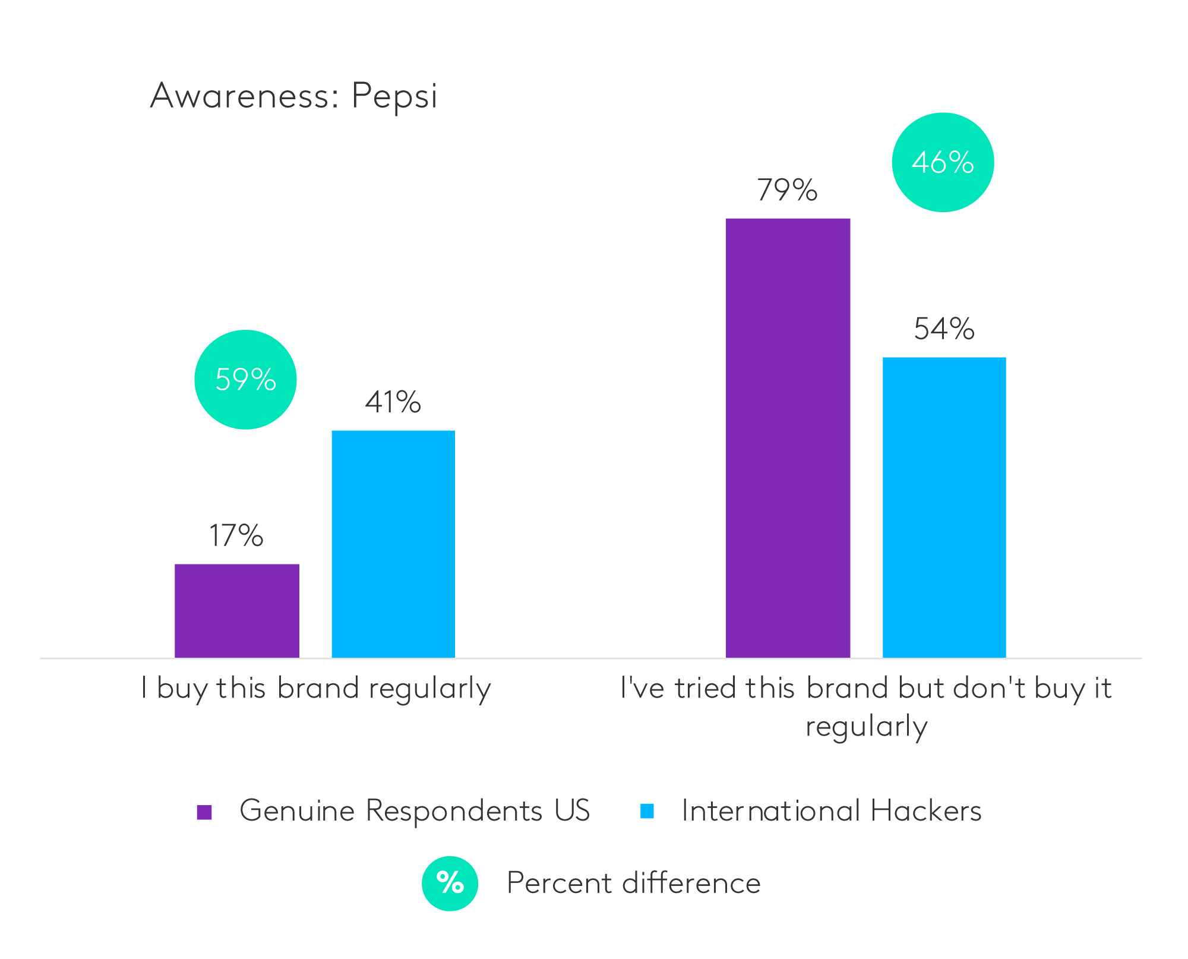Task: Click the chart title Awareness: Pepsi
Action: [x=293, y=96]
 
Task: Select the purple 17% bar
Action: [x=236, y=610]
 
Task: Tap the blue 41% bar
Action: [x=393, y=544]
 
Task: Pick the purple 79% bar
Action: [x=788, y=438]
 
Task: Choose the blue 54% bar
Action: [x=944, y=507]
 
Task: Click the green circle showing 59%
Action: [x=245, y=380]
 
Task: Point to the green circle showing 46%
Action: [x=943, y=162]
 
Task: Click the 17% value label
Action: [x=236, y=535]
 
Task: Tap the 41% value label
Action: [x=393, y=402]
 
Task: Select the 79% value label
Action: [x=787, y=190]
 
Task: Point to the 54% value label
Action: [x=944, y=329]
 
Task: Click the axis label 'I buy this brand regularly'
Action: [x=316, y=689]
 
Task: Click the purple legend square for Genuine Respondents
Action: [x=204, y=812]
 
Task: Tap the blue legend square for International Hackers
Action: [x=647, y=811]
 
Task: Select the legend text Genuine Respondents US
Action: [x=415, y=810]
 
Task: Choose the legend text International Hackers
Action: [x=831, y=810]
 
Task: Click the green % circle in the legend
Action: [x=450, y=883]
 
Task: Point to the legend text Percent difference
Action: [x=633, y=883]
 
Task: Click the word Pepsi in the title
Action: [x=394, y=96]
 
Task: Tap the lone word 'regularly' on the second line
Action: [x=866, y=727]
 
